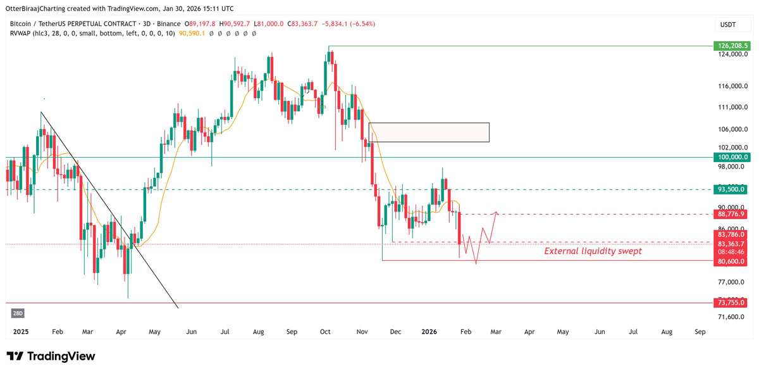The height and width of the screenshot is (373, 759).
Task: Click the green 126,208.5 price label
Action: point(732,46)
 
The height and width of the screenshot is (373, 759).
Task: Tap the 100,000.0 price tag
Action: point(732,157)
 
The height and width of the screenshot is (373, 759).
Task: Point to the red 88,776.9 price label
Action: point(732,214)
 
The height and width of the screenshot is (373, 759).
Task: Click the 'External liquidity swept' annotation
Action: point(593,251)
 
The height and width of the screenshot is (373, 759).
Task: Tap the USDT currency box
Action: point(729,24)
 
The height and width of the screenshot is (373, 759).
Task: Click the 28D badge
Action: point(18,313)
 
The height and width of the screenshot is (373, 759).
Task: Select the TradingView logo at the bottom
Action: point(51,357)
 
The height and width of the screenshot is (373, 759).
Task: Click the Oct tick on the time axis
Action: point(326,331)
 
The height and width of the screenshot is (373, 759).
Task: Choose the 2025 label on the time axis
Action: point(21,331)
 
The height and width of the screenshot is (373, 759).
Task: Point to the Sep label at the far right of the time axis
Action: point(700,331)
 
